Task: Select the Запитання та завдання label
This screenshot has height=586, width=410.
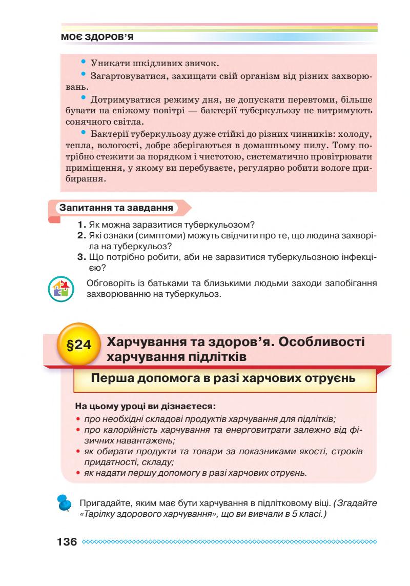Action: [x=116, y=208]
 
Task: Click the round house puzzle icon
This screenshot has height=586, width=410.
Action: [x=62, y=288]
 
